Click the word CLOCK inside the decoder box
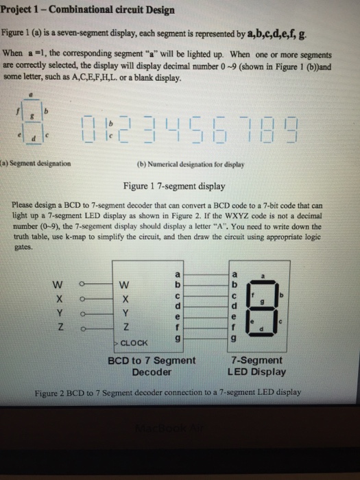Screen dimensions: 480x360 (x=136, y=343)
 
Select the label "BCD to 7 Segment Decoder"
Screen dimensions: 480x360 (x=152, y=366)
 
